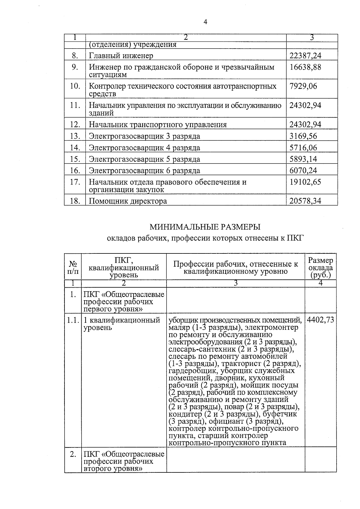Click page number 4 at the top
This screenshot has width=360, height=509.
click(205, 22)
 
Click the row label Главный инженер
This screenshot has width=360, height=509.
click(121, 56)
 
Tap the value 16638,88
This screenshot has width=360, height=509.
click(305, 67)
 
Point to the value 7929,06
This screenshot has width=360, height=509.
click(303, 86)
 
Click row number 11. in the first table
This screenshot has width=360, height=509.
click(75, 105)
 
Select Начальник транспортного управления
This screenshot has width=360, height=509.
click(157, 124)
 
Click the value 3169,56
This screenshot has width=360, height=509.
click(303, 136)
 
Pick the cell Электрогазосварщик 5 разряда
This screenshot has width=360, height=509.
click(144, 159)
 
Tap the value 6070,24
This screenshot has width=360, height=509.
click(303, 171)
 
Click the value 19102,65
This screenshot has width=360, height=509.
click(305, 182)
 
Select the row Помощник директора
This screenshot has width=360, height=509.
click(127, 201)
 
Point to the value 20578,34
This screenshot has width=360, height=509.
click(305, 201)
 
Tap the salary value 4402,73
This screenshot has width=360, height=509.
click(320, 320)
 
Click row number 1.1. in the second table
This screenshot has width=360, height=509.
click(73, 320)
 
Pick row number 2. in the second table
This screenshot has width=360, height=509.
click(73, 454)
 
